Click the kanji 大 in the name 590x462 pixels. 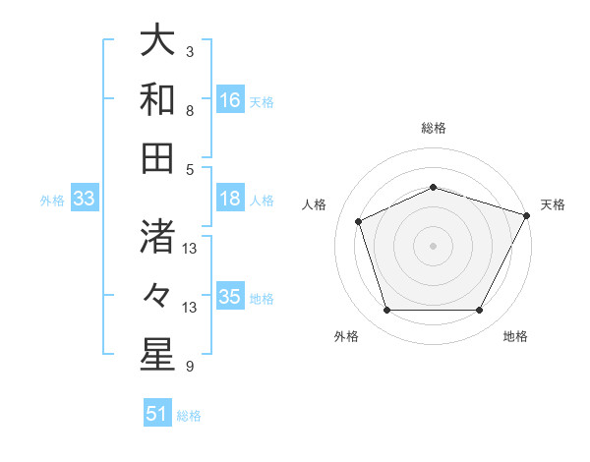coord(156,44)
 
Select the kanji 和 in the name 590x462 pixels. coord(156,100)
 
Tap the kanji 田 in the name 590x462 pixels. coord(156,156)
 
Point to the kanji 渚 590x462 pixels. coord(156,239)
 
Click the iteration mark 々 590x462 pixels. coord(156,295)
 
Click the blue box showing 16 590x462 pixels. coord(230,99)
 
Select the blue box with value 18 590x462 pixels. coord(230,199)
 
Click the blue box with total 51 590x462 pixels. coord(157,414)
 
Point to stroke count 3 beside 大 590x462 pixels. coord(189,51)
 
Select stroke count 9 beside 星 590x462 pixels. coord(189,367)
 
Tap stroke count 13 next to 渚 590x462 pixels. coord(190,249)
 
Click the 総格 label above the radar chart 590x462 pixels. coord(434,129)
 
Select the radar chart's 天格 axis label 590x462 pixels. coord(553,204)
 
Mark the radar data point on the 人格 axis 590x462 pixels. coord(359,220)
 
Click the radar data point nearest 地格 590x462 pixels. coord(479,311)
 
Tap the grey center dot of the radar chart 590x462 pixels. coord(434,245)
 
